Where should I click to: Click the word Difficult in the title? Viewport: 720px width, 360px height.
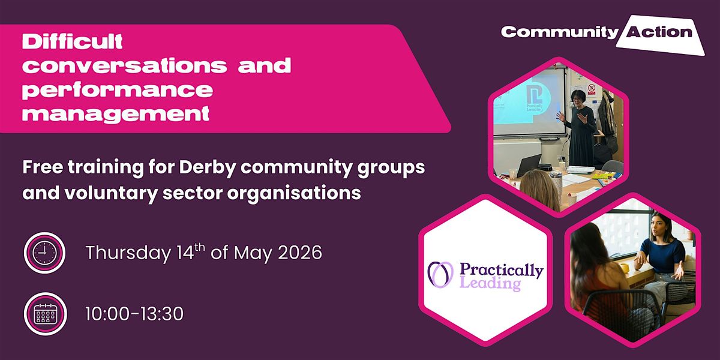(x=73, y=41)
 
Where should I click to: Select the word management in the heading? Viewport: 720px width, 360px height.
(x=116, y=113)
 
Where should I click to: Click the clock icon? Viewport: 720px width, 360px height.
(x=44, y=253)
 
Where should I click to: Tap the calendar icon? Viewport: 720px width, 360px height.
(x=46, y=314)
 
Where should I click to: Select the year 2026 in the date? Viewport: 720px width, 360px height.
(x=300, y=253)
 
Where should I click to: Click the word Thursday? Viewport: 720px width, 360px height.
(x=128, y=253)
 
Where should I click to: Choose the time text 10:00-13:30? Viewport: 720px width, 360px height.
(x=134, y=314)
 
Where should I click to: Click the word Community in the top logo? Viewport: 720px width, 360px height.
(x=560, y=32)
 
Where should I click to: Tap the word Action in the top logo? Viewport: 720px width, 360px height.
(x=659, y=32)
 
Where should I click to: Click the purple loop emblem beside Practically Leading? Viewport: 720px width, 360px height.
(x=440, y=274)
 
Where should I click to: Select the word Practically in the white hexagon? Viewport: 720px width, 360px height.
(x=502, y=271)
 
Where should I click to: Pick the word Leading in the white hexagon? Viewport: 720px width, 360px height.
(x=490, y=283)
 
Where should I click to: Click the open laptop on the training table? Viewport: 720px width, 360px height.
(x=528, y=165)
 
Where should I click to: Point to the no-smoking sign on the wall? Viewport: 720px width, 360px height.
(x=592, y=88)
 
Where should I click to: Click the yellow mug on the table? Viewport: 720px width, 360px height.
(x=624, y=268)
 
